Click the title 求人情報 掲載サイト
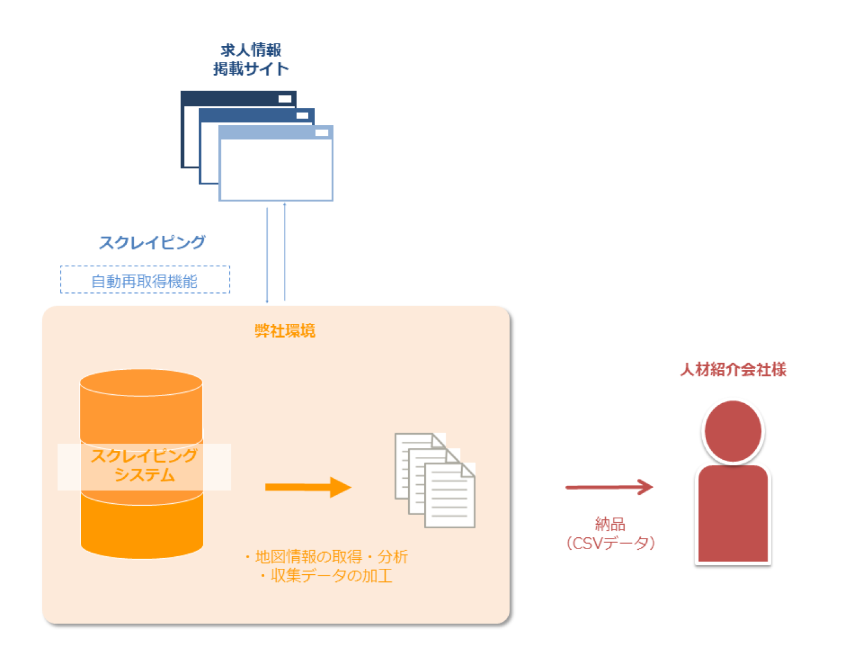tap(251, 60)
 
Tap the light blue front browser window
tap(276, 170)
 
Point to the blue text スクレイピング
tap(152, 242)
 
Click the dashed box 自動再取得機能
tap(145, 280)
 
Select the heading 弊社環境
tap(284, 331)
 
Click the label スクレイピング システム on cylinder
tap(144, 466)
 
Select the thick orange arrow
tap(308, 487)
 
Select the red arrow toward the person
tap(608, 487)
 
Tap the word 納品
tap(610, 524)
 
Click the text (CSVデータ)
tap(610, 543)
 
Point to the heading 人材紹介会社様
tap(733, 370)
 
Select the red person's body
tap(733, 515)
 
